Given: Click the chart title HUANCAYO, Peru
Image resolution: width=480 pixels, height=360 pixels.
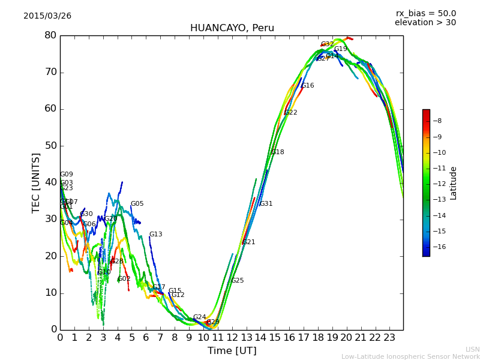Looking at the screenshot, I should pyautogui.click(x=232, y=28).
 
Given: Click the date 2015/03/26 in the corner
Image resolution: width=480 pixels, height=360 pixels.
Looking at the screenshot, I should pyautogui.click(x=47, y=16).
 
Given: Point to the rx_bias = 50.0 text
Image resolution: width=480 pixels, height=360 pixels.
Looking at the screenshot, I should pyautogui.click(x=425, y=14).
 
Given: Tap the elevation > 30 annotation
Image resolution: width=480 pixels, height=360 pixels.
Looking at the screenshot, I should pyautogui.click(x=425, y=23).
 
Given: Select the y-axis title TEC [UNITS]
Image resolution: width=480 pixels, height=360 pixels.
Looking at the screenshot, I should pyautogui.click(x=37, y=182).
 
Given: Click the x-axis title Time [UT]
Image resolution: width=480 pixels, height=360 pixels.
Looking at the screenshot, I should pyautogui.click(x=232, y=351).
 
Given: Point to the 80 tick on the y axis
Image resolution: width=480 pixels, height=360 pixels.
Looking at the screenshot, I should pyautogui.click(x=50, y=35).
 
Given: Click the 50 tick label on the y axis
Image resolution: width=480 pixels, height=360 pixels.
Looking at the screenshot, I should pyautogui.click(x=50, y=146).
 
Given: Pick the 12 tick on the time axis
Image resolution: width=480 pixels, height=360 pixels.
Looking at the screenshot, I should pyautogui.click(x=232, y=337).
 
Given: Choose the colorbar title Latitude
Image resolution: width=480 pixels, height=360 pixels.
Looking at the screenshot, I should pyautogui.click(x=454, y=183).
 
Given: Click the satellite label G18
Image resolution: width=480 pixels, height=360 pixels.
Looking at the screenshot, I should pyautogui.click(x=278, y=152).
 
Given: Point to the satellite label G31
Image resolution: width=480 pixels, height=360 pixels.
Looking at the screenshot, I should pyautogui.click(x=266, y=204).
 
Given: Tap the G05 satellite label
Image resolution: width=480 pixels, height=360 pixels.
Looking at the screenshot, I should pyautogui.click(x=137, y=204).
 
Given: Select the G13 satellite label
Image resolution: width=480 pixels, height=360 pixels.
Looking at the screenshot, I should pyautogui.click(x=156, y=235).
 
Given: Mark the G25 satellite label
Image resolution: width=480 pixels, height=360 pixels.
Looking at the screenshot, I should pyautogui.click(x=238, y=281).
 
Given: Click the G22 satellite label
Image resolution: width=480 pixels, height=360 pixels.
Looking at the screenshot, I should pyautogui.click(x=291, y=113).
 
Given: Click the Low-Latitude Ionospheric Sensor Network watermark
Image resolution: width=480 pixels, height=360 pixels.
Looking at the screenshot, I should pyautogui.click(x=410, y=357).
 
